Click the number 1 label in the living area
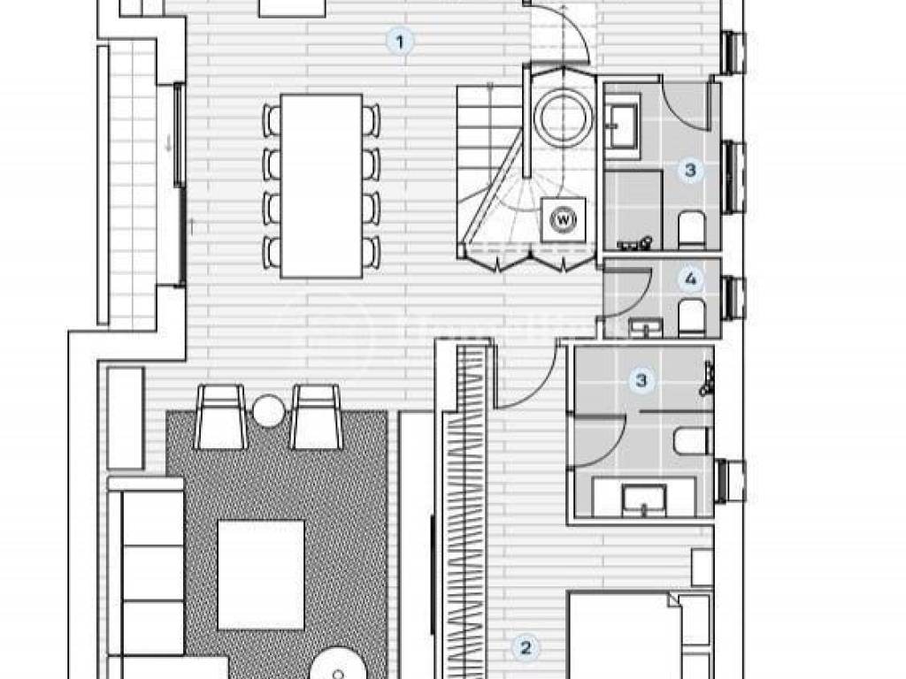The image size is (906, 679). (401, 41)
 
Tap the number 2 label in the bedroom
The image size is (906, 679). (526, 647)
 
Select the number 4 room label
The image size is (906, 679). (691, 280)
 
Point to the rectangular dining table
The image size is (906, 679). (321, 186)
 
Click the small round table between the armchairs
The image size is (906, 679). (266, 409)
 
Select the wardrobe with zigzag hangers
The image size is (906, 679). (466, 513)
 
